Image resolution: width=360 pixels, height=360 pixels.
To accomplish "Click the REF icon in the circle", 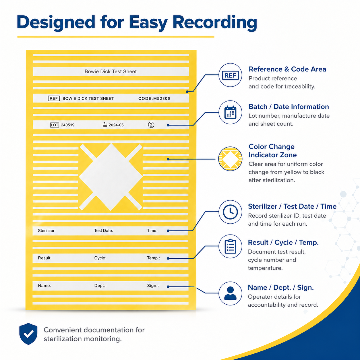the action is pyautogui.click(x=230, y=75).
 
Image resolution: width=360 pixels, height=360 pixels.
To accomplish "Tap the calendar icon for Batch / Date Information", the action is pyautogui.click(x=230, y=112).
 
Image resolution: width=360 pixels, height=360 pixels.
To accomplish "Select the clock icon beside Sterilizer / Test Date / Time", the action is pyautogui.click(x=230, y=212).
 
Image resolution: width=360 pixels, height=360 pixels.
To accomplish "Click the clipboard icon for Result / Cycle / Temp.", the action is pyautogui.click(x=230, y=246).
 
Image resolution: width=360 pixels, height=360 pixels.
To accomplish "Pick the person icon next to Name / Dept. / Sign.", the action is pyautogui.click(x=230, y=293).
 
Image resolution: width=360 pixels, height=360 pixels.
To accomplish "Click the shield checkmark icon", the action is pyautogui.click(x=28, y=334).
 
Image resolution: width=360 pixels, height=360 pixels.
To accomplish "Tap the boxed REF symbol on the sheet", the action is pyautogui.click(x=54, y=98).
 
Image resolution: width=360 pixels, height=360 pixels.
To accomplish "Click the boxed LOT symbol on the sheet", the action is pyautogui.click(x=55, y=125).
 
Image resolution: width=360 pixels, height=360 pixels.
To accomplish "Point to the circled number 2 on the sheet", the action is pyautogui.click(x=151, y=125).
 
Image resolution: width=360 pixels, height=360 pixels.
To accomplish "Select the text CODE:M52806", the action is pyautogui.click(x=154, y=98).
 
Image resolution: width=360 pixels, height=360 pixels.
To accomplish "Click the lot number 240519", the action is pyautogui.click(x=68, y=125).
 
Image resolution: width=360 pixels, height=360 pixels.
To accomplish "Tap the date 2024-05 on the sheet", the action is pyautogui.click(x=116, y=125).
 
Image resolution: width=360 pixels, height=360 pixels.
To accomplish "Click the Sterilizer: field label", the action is pyautogui.click(x=47, y=231).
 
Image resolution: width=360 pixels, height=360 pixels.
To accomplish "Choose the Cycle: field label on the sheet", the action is pyautogui.click(x=100, y=258).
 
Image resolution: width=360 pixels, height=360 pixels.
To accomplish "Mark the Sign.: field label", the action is pyautogui.click(x=153, y=286).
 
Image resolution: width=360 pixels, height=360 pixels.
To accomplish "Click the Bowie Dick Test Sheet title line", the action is pyautogui.click(x=111, y=71).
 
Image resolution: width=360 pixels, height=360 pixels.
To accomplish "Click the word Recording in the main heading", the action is pyautogui.click(x=215, y=23).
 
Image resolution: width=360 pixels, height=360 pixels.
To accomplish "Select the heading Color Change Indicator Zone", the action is pyautogui.click(x=272, y=151).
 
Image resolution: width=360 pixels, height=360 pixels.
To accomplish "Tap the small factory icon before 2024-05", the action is pyautogui.click(x=105, y=125).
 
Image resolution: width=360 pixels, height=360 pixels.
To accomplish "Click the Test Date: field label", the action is pyautogui.click(x=104, y=231).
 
